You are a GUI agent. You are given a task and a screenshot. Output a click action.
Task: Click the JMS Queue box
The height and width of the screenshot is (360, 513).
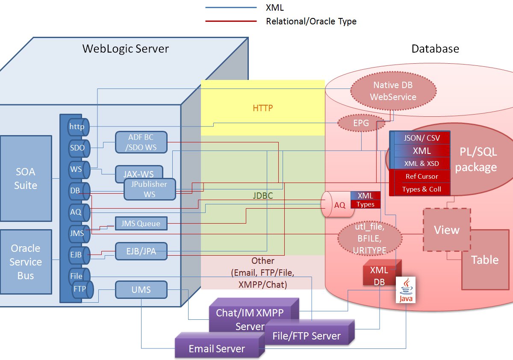[141, 223]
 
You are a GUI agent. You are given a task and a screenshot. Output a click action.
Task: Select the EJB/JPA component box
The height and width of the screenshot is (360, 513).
[141, 251]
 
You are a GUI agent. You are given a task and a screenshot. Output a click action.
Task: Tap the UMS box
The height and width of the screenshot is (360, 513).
[141, 290]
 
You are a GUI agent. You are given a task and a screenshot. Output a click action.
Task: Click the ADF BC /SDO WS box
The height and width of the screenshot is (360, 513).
[141, 142]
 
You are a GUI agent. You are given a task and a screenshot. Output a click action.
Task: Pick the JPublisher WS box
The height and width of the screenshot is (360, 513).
[150, 189]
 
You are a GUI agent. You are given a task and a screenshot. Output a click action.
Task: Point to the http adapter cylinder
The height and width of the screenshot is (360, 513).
[79, 127]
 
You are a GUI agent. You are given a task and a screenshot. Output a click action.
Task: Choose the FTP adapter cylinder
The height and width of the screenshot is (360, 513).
[83, 289]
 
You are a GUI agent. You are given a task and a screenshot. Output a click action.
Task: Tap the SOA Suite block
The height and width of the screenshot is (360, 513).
[26, 178]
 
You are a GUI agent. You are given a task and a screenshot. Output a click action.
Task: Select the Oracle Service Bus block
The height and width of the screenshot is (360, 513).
[26, 262]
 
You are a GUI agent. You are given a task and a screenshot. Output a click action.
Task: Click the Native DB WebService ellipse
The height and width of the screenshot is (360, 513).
[393, 91]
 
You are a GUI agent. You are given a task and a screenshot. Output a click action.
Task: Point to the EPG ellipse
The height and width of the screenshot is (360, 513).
[361, 123]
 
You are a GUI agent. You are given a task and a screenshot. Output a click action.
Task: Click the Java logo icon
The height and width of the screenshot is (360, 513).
[406, 290]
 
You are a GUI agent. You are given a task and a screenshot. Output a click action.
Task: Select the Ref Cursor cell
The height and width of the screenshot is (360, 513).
[422, 176]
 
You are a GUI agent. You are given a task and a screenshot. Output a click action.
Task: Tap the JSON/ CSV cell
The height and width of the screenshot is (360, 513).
[422, 138]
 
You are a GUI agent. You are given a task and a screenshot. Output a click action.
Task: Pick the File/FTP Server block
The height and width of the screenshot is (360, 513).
[310, 332]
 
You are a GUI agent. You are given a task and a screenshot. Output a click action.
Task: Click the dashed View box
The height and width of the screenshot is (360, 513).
[447, 230]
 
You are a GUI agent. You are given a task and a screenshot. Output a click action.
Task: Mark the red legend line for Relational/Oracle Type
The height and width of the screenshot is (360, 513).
[231, 21]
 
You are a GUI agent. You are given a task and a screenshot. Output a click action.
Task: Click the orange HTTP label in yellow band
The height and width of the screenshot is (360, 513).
[262, 108]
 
